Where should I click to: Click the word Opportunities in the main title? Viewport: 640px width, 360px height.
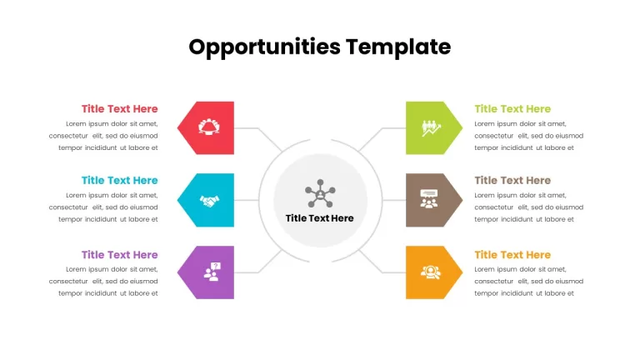click(264, 47)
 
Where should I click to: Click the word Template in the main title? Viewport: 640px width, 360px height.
click(398, 47)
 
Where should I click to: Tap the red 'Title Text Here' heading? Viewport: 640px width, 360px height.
click(120, 109)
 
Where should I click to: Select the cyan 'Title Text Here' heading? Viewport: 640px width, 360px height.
click(120, 180)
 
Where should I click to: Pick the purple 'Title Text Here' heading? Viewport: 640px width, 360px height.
click(120, 255)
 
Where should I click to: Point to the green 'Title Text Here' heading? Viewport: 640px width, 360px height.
click(512, 109)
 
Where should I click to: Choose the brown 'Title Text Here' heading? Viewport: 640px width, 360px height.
click(512, 180)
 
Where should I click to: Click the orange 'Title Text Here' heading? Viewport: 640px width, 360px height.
click(512, 255)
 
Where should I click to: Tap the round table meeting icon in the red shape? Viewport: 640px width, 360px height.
click(209, 127)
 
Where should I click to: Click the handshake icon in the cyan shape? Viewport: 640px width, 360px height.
click(209, 201)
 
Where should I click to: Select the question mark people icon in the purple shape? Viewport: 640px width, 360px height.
click(212, 272)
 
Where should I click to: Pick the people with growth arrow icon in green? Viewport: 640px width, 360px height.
click(431, 128)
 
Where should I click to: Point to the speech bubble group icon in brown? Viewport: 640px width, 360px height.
click(428, 199)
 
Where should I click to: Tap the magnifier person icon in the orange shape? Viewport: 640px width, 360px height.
click(431, 272)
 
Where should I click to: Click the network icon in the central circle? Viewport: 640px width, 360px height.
click(320, 193)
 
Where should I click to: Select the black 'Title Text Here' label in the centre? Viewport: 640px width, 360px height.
click(320, 218)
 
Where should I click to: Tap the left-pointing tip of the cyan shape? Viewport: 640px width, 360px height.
click(177, 200)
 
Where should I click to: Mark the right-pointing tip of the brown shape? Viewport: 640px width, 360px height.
click(462, 200)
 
